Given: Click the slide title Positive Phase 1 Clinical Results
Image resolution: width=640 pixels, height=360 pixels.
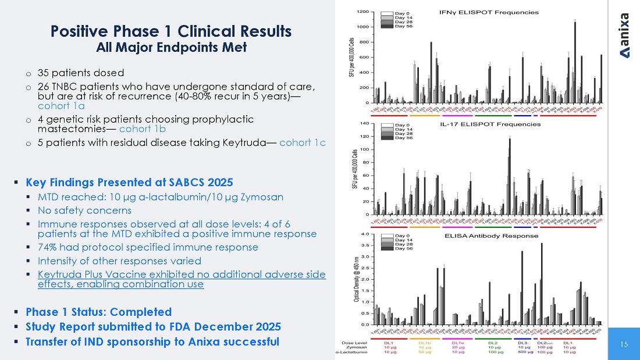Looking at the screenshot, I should (171, 31).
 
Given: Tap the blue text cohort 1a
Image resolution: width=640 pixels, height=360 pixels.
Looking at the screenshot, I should (61, 106).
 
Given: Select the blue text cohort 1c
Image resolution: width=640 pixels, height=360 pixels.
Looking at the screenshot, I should (303, 143).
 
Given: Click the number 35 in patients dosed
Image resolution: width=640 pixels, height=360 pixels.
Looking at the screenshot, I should (44, 73).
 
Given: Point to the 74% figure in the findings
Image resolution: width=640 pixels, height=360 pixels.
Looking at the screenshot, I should (47, 247).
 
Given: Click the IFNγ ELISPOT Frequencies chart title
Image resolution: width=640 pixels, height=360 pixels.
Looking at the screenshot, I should (488, 12).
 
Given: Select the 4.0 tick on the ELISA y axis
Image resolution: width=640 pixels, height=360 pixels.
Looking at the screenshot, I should (365, 234).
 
